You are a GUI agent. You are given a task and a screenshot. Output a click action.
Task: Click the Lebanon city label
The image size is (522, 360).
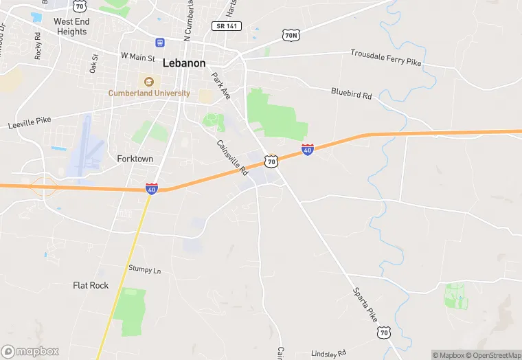[x=184, y=63]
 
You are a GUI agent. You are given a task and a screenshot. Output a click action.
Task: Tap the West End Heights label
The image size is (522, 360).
[x=71, y=27]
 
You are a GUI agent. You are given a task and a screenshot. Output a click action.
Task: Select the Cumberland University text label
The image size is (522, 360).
[x=149, y=93]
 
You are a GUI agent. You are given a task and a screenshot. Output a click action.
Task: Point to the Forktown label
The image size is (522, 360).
[x=135, y=159]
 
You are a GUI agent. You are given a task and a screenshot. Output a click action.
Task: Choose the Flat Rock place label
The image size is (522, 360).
[x=91, y=285]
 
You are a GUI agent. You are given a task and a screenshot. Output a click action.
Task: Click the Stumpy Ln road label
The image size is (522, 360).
[x=144, y=269]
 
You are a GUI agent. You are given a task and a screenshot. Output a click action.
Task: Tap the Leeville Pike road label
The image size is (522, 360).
[x=30, y=123]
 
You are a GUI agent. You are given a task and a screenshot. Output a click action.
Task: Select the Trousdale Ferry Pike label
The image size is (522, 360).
[x=385, y=58]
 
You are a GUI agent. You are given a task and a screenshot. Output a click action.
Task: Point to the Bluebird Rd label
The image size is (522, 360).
[x=351, y=93]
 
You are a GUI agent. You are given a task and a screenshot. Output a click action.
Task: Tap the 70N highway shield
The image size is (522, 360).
[x=291, y=34]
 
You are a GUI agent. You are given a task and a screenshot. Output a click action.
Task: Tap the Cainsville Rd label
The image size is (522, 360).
[x=231, y=157]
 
